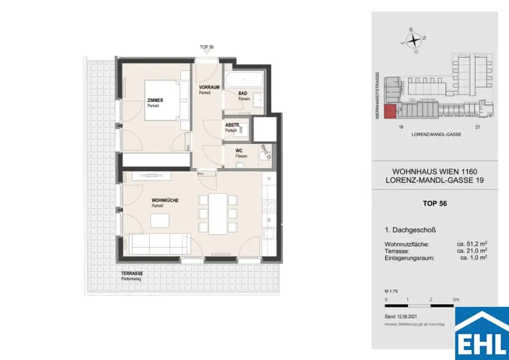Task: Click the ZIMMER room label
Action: pyautogui.click(x=155, y=100)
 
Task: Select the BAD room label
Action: pyautogui.click(x=243, y=93)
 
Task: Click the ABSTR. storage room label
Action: pyautogui.click(x=232, y=125)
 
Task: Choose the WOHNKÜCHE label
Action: pyautogui.click(x=165, y=200)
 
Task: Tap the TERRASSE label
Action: pyautogui.click(x=132, y=274)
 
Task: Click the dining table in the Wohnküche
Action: pyautogui.click(x=217, y=213)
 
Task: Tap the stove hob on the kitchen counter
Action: pyautogui.click(x=269, y=206)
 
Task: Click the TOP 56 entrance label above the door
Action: pyautogui.click(x=207, y=47)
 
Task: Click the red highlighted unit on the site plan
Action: pyautogui.click(x=391, y=112)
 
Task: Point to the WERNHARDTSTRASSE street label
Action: pyautogui.click(x=378, y=94)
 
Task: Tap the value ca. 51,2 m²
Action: pyautogui.click(x=472, y=244)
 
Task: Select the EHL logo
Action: pyautogui.click(x=482, y=334)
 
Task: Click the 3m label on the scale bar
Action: pyautogui.click(x=455, y=299)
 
